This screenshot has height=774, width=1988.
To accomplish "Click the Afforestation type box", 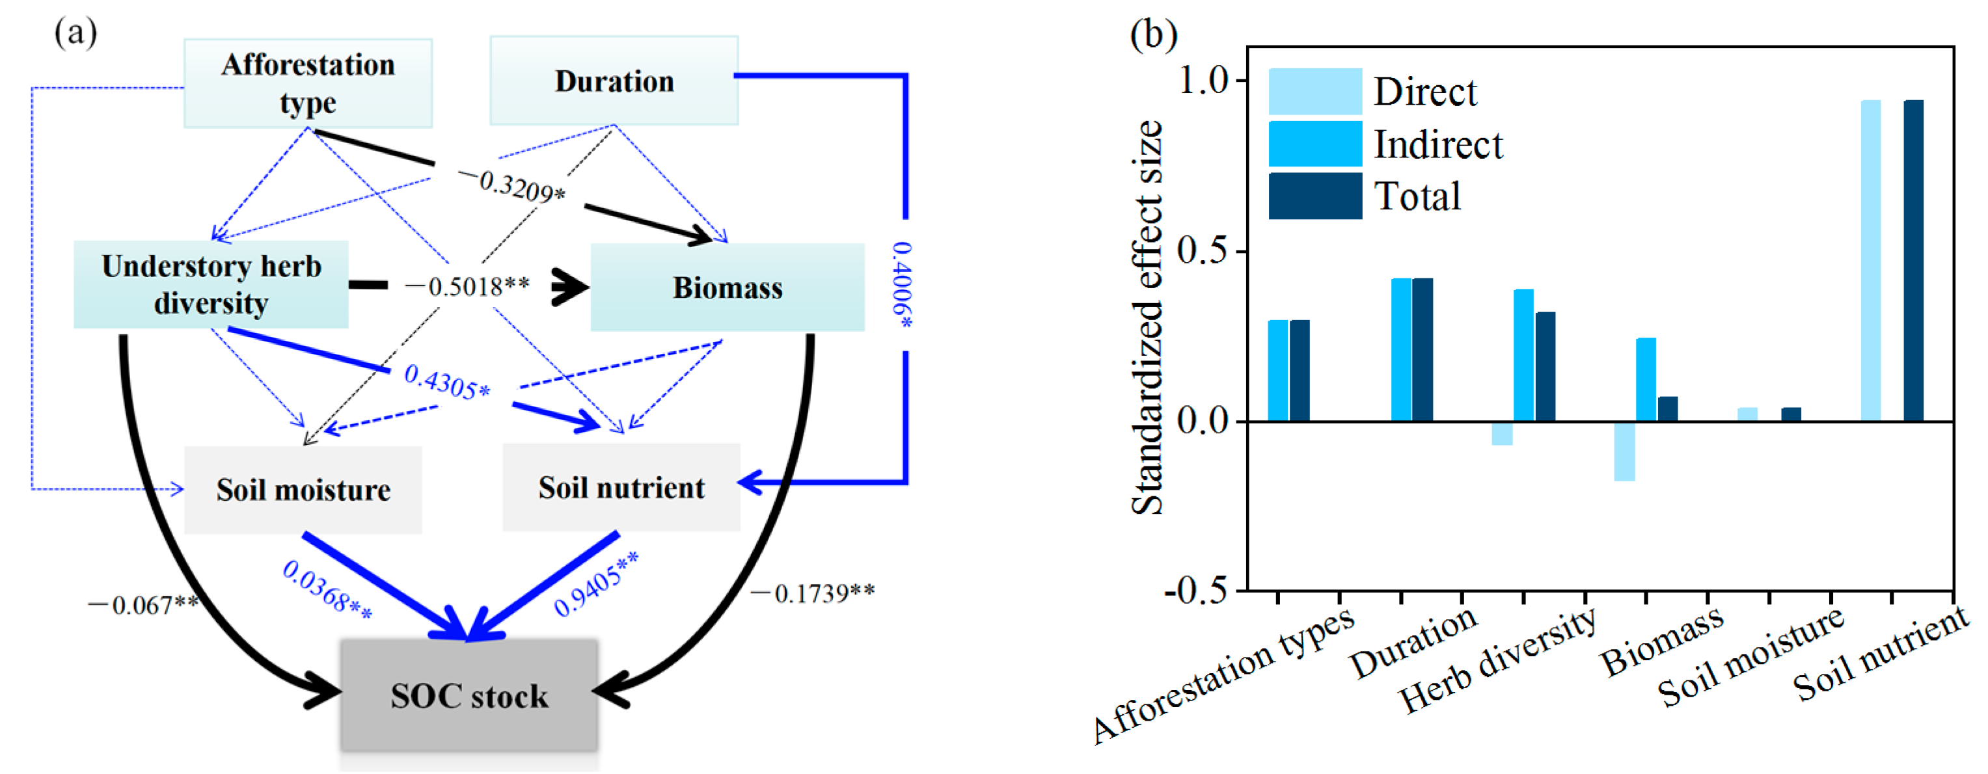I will (x=307, y=83).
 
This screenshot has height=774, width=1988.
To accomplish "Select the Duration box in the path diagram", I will (x=614, y=80).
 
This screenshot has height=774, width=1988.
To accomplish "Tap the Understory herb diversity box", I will (x=211, y=285).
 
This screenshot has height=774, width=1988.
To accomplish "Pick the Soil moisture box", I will (x=303, y=489).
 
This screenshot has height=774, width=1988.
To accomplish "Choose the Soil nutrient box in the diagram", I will (x=621, y=487).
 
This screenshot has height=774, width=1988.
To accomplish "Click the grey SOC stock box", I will (x=469, y=695).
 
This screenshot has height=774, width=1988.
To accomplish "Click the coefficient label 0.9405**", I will (x=596, y=583).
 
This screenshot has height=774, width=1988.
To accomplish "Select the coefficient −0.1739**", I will (x=813, y=593).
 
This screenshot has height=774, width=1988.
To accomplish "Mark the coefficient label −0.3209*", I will (x=511, y=185).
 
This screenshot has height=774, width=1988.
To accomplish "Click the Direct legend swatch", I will (x=1314, y=91).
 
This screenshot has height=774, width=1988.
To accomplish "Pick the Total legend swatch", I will (x=1314, y=195).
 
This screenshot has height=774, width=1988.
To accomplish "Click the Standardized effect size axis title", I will (x=1146, y=316).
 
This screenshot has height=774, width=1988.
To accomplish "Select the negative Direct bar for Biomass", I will (x=1624, y=451).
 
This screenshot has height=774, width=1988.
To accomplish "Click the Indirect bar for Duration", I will (x=1400, y=349).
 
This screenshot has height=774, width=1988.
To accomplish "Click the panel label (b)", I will (x=1153, y=34).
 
